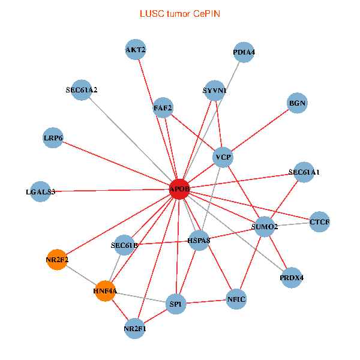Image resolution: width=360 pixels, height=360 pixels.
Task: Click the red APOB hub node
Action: click(x=179, y=189)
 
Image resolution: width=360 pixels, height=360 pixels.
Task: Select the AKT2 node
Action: click(x=136, y=49)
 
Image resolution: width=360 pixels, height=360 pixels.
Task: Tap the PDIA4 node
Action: click(x=244, y=52)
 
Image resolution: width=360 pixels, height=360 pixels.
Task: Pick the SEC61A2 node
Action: click(x=82, y=90)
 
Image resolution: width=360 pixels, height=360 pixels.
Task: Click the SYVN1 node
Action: click(x=215, y=91)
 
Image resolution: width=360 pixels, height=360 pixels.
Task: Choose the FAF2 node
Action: click(x=163, y=108)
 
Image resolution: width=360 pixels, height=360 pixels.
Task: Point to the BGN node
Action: click(x=298, y=103)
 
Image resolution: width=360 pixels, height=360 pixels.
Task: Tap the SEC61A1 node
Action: click(x=304, y=172)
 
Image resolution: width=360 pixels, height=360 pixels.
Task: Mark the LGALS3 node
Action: click(x=40, y=192)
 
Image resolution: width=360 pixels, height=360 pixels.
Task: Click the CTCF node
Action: click(x=319, y=222)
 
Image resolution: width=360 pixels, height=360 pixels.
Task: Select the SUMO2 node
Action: click(x=265, y=227)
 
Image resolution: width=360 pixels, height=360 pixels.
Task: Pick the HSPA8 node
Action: click(x=199, y=241)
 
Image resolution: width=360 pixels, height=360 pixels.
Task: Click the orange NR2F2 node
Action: click(x=58, y=260)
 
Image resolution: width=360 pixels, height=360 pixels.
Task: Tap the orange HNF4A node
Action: click(x=105, y=291)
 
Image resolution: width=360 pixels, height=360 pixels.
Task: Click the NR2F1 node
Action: click(x=135, y=328)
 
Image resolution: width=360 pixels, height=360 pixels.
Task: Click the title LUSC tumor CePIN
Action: click(x=179, y=13)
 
